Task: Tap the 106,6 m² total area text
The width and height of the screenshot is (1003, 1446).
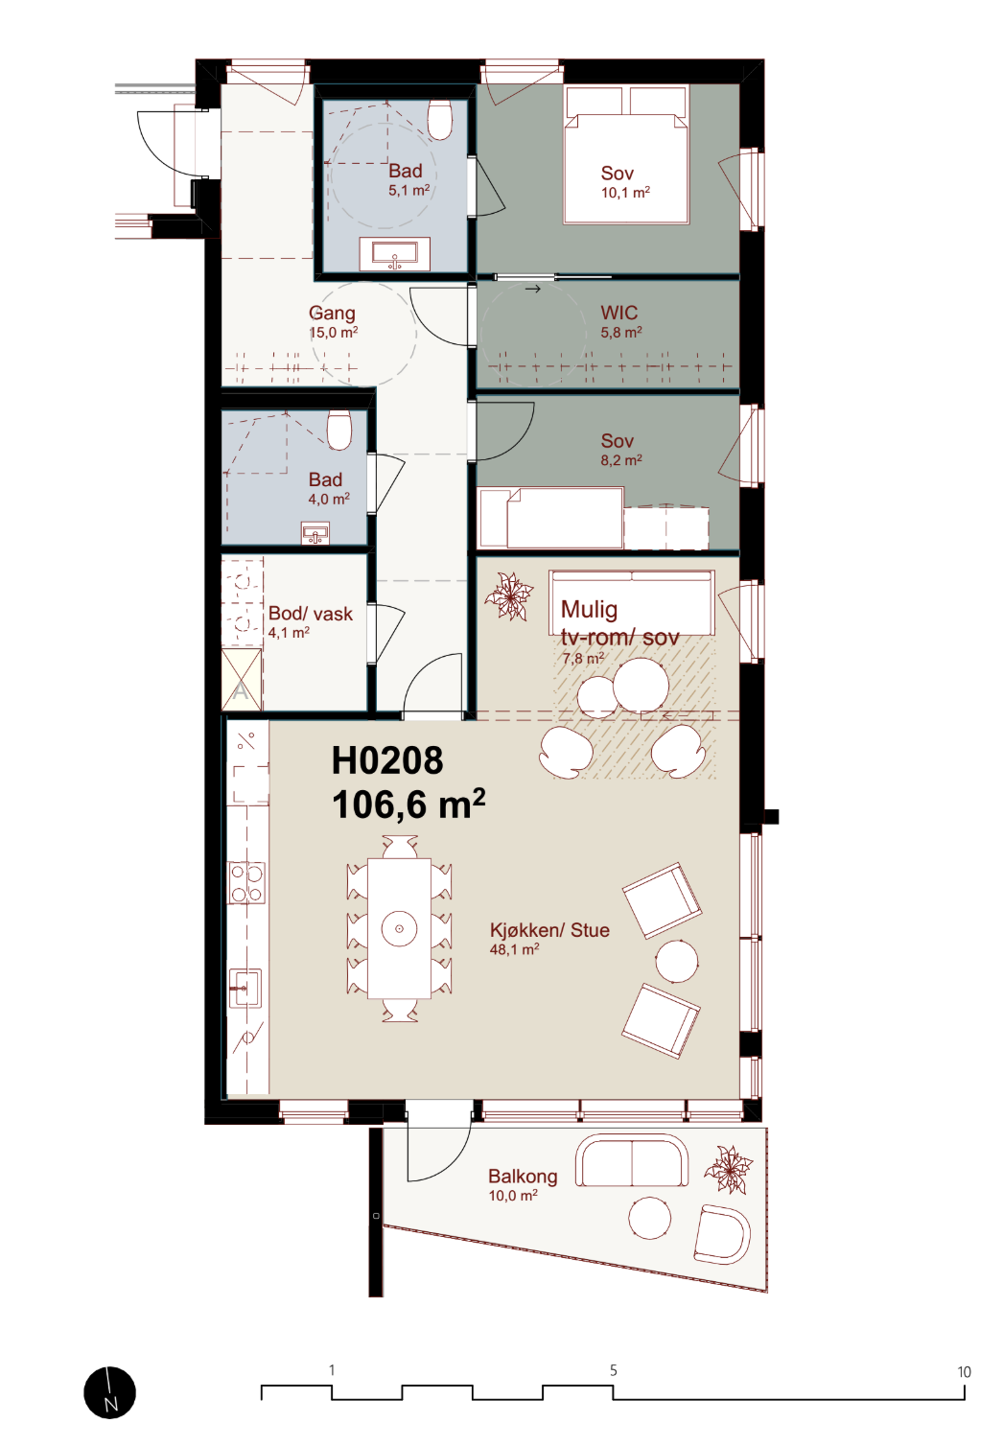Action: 408,804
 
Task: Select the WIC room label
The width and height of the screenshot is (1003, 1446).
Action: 618,313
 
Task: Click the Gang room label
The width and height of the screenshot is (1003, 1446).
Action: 332,314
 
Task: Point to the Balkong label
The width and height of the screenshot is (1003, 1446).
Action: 523,1177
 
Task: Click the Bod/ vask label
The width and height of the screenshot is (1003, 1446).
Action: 311,614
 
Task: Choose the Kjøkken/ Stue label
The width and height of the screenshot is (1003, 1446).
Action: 549,930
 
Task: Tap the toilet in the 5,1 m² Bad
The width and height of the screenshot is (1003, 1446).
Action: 440,119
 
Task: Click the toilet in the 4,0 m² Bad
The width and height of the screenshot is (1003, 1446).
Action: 338,430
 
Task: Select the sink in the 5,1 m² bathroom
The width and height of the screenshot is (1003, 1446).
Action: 394,254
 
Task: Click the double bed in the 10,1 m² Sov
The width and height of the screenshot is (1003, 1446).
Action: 626,155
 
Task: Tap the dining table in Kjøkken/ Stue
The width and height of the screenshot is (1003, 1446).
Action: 399,928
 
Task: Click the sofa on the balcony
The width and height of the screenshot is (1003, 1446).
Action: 632,1160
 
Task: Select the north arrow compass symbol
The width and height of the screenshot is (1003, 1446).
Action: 109,1392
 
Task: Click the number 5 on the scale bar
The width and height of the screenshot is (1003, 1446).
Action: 613,1370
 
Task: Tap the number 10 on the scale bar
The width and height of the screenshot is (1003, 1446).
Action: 964,1372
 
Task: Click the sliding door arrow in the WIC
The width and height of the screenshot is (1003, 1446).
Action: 532,289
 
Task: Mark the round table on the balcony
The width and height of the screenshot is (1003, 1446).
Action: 649,1218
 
